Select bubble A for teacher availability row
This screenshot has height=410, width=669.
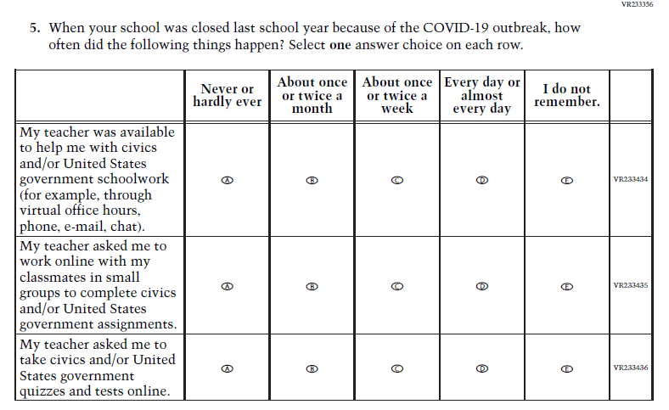click(227, 180)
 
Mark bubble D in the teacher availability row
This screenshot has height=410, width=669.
click(481, 180)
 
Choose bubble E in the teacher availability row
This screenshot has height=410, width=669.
click(566, 180)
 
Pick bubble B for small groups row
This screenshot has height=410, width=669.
click(312, 287)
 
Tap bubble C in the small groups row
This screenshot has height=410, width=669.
click(396, 287)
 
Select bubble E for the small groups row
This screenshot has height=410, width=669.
click(566, 287)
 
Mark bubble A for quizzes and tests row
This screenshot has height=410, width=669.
click(227, 368)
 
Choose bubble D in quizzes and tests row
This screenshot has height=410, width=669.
click(481, 368)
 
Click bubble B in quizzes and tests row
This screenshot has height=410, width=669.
click(312, 368)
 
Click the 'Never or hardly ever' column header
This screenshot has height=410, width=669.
click(227, 95)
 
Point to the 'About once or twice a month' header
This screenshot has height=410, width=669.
click(312, 95)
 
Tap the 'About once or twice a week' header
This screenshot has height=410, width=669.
click(396, 95)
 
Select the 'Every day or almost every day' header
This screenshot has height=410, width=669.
click(481, 95)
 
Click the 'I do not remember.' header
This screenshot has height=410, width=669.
click(566, 95)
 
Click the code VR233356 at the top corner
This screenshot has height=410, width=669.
click(637, 4)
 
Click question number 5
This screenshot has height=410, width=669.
click(35, 28)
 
